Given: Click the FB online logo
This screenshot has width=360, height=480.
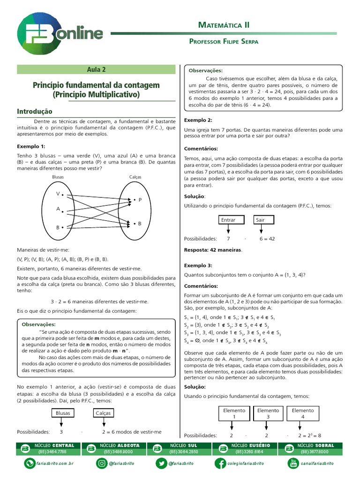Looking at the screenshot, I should click(x=60, y=34).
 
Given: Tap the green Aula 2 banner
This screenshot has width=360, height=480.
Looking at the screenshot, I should click(x=96, y=69).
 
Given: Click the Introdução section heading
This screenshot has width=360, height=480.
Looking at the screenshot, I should click(x=35, y=112).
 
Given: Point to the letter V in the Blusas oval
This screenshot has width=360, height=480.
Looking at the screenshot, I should click(x=58, y=194).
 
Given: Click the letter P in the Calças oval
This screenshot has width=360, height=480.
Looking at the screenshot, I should click(x=140, y=200).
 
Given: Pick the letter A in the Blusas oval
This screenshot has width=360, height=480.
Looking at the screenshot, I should click(x=58, y=209).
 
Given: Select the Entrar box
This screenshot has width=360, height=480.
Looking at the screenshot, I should click(x=228, y=219).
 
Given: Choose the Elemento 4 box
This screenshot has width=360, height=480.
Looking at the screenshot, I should click(x=303, y=413).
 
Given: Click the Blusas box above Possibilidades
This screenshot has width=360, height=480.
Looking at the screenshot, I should click(x=62, y=413).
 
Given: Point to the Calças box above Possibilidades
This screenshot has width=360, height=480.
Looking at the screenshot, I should click(x=104, y=413).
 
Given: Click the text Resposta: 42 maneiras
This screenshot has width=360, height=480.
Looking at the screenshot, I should click(x=213, y=250).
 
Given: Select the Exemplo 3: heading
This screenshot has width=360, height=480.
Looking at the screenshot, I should click(x=198, y=265).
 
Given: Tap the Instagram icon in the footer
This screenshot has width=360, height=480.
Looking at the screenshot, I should click(x=101, y=463).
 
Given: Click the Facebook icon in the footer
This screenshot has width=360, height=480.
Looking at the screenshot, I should click(x=220, y=463).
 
